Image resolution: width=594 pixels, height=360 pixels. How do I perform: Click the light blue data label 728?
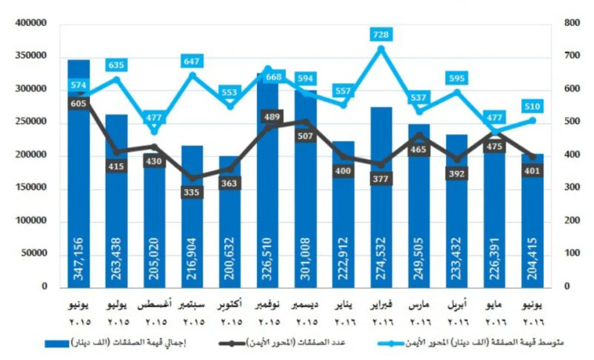click(381, 35)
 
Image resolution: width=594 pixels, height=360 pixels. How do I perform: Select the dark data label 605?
click(78, 104)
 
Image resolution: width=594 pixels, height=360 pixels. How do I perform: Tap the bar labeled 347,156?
click(78, 198)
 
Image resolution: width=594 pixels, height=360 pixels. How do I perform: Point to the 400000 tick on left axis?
click(31, 23)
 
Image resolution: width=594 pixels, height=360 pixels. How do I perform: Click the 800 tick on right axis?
click(572, 23)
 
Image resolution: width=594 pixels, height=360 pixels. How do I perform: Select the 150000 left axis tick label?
click(31, 187)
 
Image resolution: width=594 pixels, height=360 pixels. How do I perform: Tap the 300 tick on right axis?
click(572, 187)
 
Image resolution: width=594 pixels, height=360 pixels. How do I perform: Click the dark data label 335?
click(191, 192)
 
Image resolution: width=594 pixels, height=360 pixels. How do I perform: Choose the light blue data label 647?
click(191, 61)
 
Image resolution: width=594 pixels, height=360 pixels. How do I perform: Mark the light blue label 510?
click(532, 107)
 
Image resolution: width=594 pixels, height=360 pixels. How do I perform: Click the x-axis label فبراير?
click(381, 305)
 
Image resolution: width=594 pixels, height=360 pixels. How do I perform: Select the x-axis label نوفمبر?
click(267, 305)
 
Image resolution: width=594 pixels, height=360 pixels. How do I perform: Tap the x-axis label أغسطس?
click(154, 305)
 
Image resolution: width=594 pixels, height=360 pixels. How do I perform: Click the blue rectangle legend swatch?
click(57, 343)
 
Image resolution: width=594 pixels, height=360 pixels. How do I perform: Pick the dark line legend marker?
click(232, 343)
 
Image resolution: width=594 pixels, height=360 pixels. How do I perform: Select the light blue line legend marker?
click(390, 343)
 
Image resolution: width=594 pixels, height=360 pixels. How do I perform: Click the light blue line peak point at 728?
click(381, 49)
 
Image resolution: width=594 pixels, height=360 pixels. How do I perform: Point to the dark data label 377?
click(381, 179)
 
